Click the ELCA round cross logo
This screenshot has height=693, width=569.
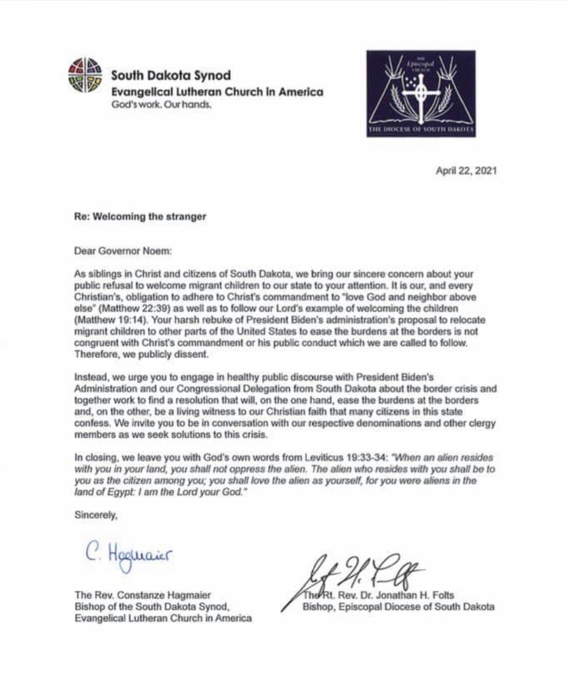click(85, 75)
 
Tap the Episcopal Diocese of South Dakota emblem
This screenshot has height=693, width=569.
click(420, 93)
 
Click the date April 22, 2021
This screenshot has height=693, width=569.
click(466, 171)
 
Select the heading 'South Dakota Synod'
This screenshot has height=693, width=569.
click(171, 75)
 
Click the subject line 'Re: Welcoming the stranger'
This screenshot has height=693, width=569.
click(140, 217)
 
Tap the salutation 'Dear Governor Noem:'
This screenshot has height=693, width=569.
click(123, 251)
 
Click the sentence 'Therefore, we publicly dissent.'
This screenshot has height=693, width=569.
click(141, 355)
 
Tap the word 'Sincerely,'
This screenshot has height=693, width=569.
click(96, 515)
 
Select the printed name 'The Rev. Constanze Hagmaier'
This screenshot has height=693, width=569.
click(143, 595)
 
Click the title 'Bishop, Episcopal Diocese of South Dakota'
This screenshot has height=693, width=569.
click(398, 607)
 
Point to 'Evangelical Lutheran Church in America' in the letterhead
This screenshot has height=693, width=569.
click(217, 92)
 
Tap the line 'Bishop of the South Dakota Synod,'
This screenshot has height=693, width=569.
click(152, 607)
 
